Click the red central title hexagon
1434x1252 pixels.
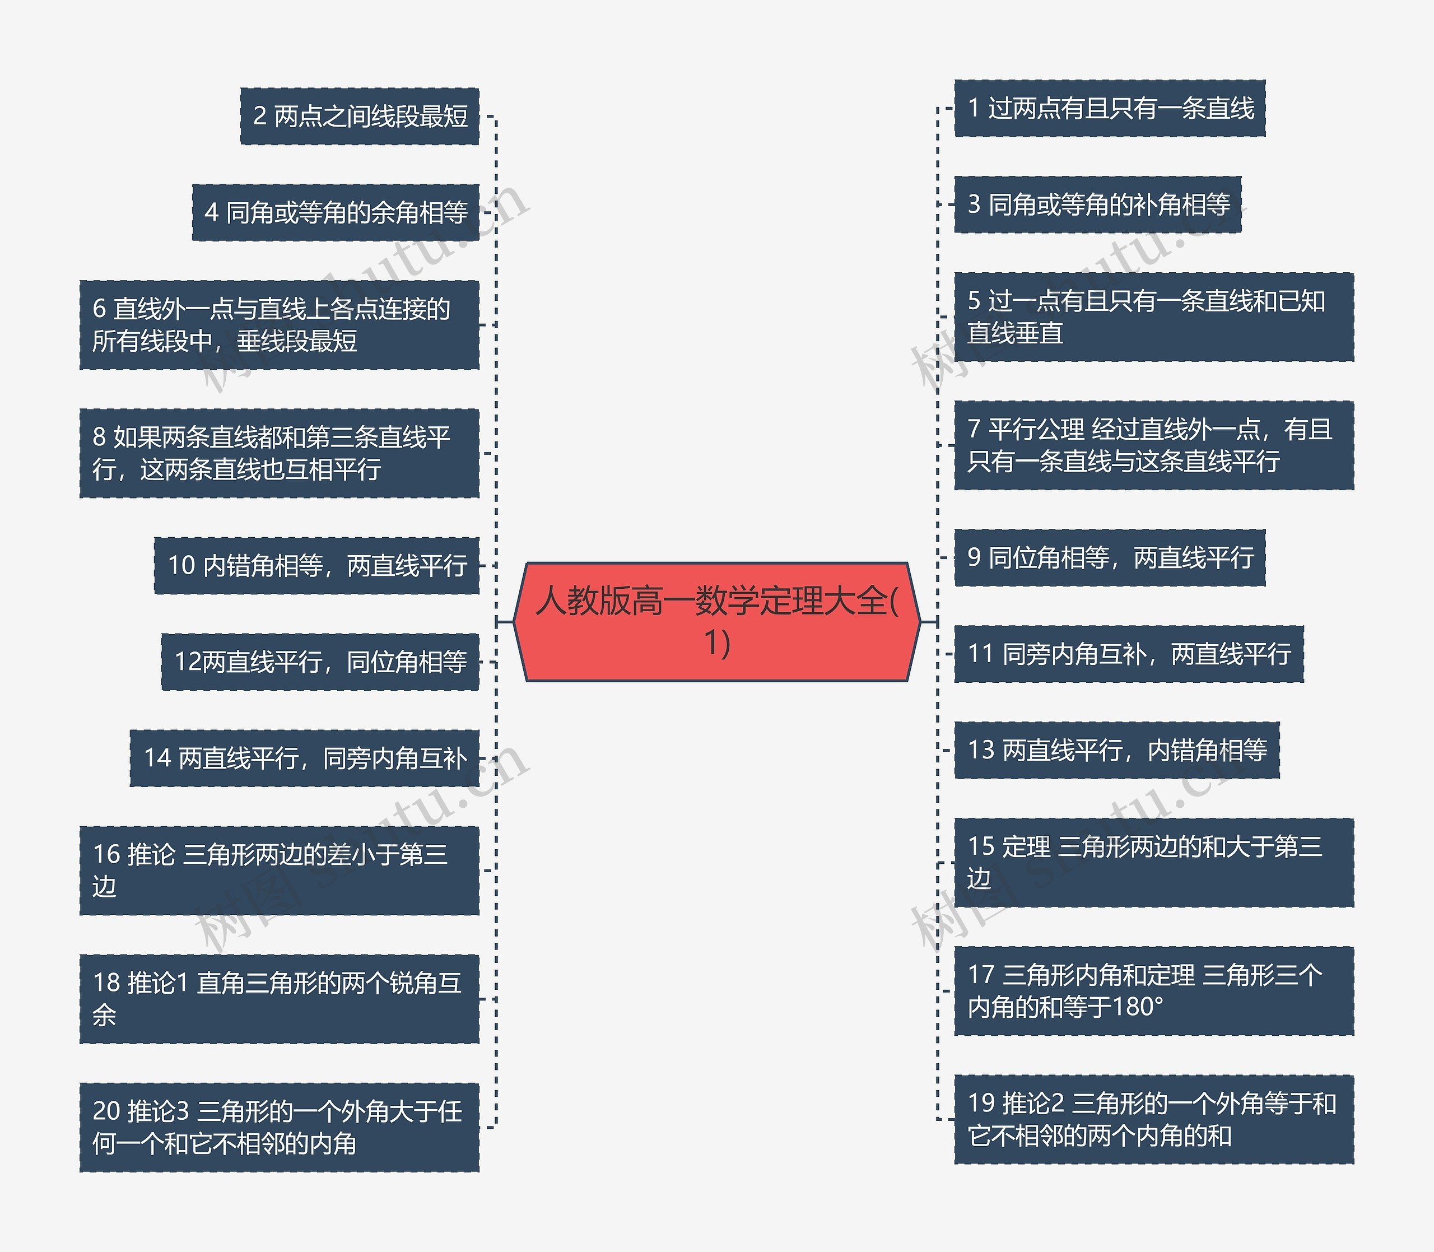(716, 621)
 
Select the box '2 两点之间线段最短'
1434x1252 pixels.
(360, 116)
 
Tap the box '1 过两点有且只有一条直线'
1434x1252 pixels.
(1109, 108)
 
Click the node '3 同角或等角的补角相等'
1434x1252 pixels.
(1097, 204)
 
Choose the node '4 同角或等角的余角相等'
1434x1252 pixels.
(336, 212)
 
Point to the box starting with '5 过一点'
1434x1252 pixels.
(1153, 317)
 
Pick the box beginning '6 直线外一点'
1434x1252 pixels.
(279, 325)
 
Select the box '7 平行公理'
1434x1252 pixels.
(1153, 445)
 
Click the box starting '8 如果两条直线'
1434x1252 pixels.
(279, 453)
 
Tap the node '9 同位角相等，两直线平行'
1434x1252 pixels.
(1109, 557)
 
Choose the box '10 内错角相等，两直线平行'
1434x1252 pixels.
(316, 565)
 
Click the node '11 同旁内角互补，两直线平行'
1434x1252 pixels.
(1128, 654)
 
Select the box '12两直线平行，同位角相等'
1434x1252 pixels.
(320, 662)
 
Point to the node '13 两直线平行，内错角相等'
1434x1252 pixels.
(1116, 751)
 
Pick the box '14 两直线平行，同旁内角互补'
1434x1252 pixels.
(305, 758)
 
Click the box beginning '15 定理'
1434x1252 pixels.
(1153, 862)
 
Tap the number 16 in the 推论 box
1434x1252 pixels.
(107, 854)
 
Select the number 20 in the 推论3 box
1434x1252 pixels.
(107, 1111)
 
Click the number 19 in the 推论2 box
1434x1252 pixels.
(981, 1103)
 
